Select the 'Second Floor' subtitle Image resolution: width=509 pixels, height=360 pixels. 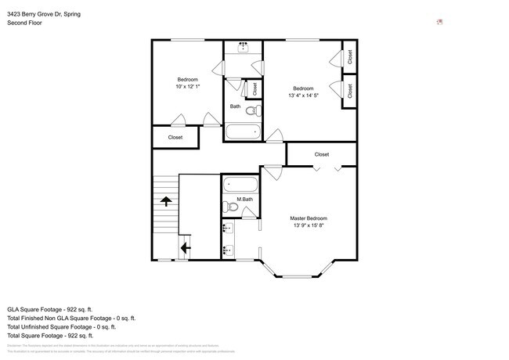tap(24, 23)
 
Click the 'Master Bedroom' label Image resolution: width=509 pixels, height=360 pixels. tap(309, 218)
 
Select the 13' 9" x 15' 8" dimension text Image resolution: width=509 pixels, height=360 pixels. tap(309, 225)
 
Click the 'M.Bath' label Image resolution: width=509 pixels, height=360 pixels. tap(245, 200)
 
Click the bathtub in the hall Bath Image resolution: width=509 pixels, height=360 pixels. tap(244, 131)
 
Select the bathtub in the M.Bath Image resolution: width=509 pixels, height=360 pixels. tap(240, 185)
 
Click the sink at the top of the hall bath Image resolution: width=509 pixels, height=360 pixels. tap(244, 47)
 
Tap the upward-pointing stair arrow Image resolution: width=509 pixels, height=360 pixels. tap(166, 201)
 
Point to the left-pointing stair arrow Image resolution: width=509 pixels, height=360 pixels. tap(185, 249)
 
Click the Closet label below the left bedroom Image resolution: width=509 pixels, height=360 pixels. tap(175, 137)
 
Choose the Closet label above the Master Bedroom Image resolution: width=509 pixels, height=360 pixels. tap(322, 154)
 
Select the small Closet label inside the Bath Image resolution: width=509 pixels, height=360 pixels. tap(254, 89)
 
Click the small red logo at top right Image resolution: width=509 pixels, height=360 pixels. tap(439, 22)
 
